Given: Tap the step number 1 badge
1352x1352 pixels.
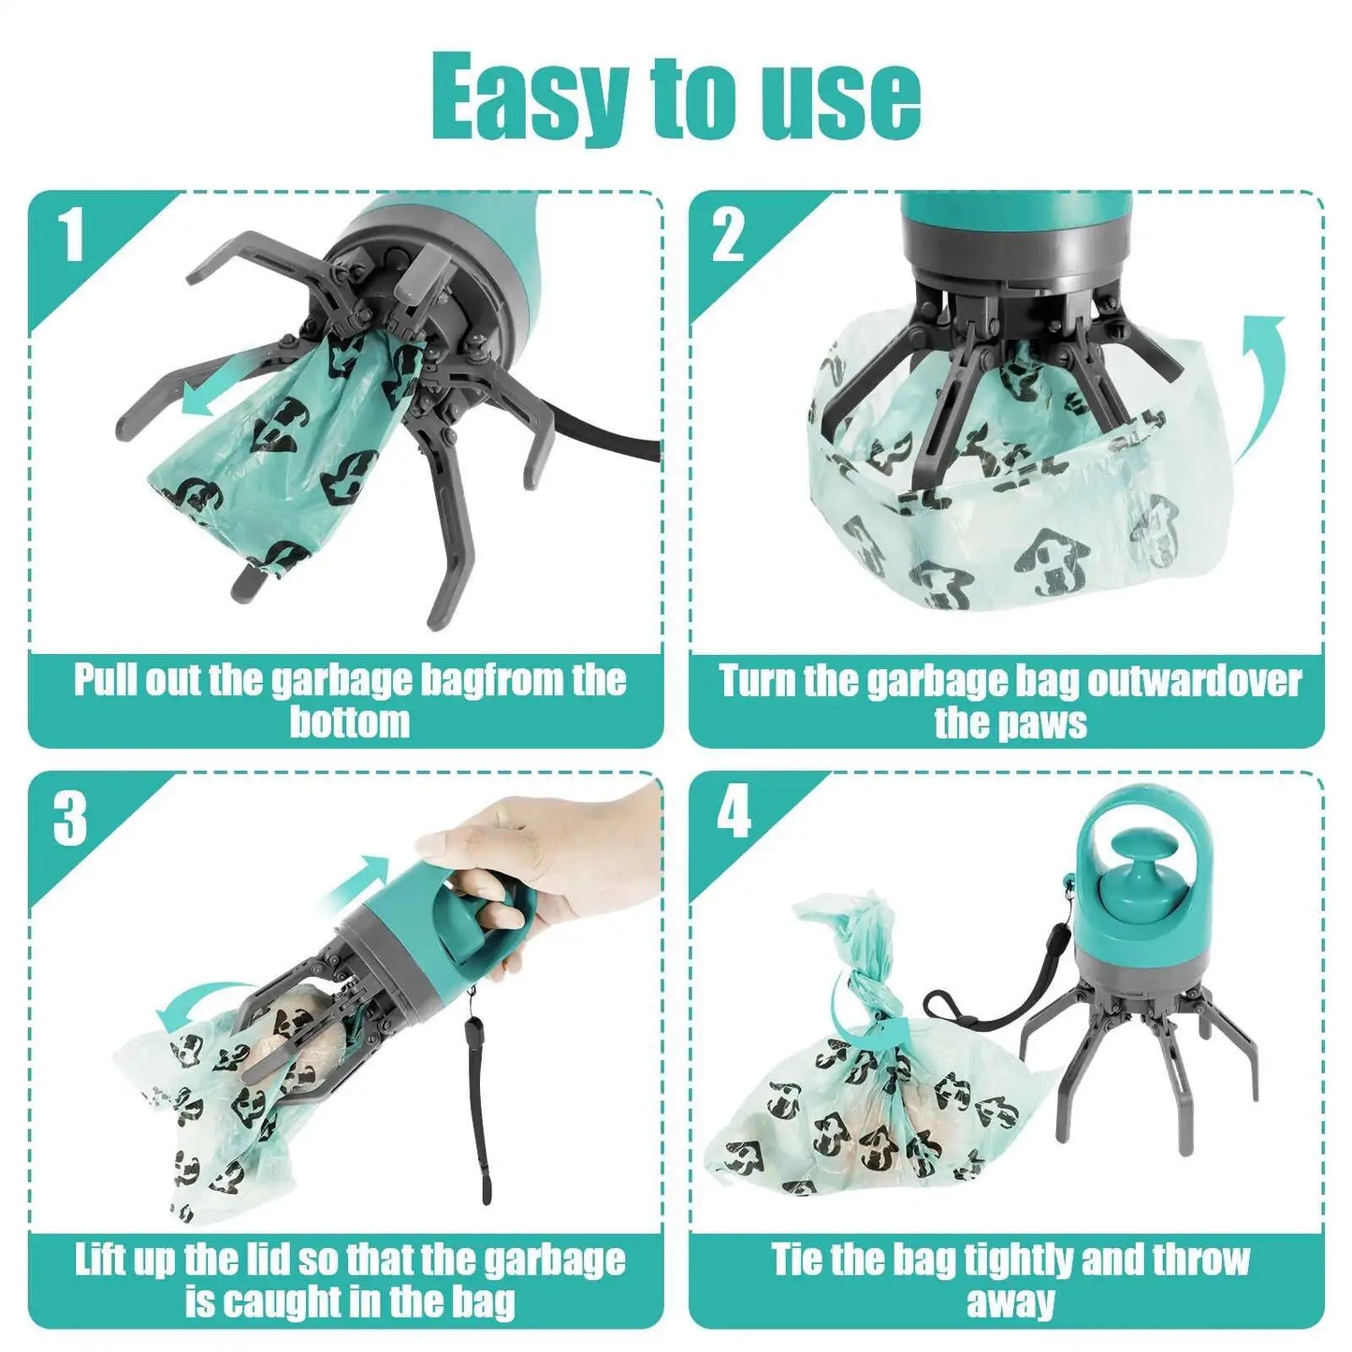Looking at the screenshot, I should [x=72, y=236].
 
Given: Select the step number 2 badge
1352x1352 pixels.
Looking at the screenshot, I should [x=728, y=236].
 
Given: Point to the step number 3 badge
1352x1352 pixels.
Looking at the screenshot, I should [x=70, y=820].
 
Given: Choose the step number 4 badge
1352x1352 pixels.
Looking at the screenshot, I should [x=734, y=812].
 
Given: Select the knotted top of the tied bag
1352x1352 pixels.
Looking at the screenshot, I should [x=856, y=973].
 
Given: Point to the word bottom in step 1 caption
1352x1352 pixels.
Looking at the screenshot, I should [x=349, y=723].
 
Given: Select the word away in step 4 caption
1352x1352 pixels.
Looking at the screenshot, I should [x=1010, y=1301].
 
